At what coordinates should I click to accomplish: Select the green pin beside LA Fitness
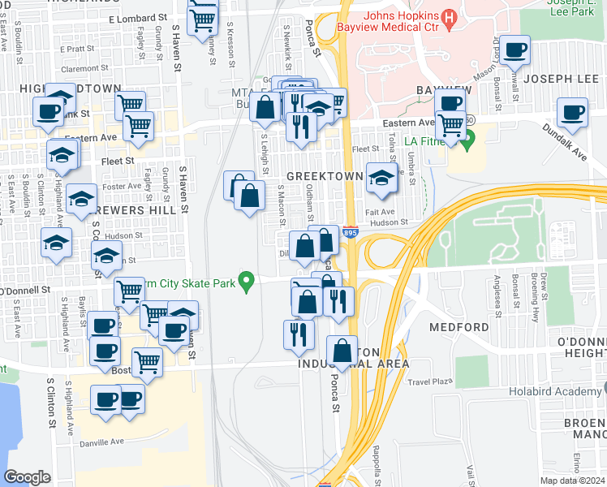467,146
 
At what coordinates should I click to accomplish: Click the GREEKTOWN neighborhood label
324,176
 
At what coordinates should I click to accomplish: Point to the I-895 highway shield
350,233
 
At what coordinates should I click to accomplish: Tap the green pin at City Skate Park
251,282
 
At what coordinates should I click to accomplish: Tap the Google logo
28,477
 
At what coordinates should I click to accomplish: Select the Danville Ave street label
101,442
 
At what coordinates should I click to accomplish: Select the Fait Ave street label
380,211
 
